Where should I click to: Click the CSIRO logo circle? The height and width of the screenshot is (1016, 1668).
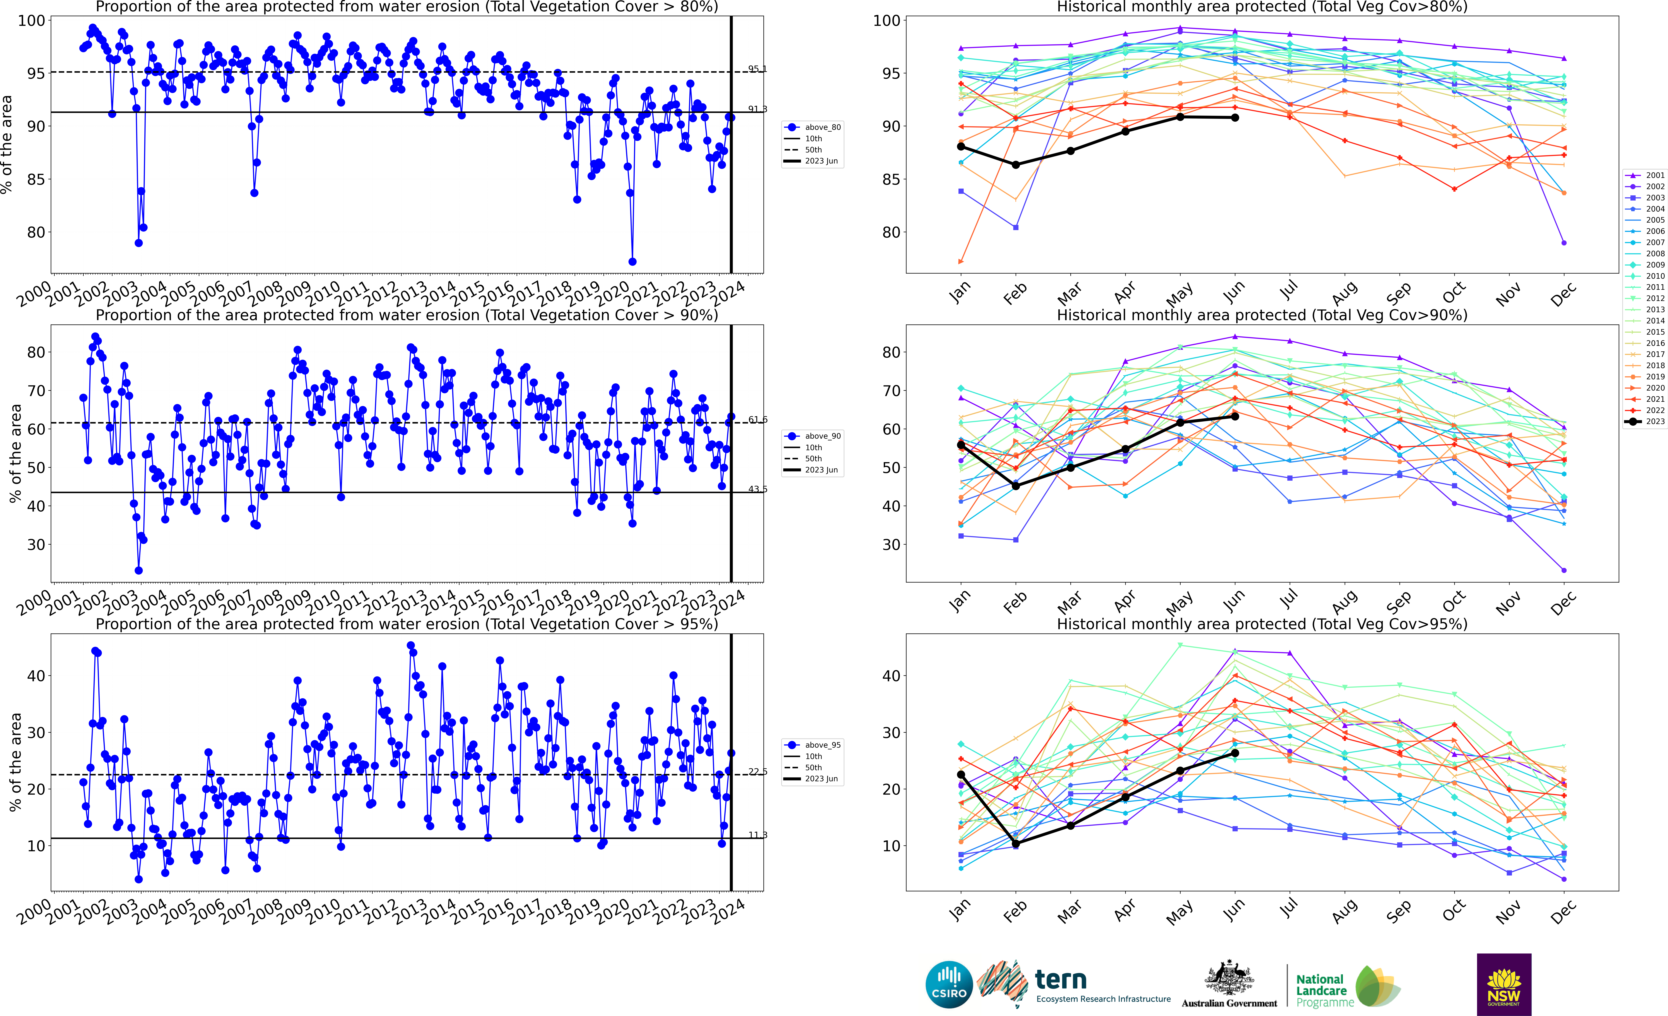coord(949,984)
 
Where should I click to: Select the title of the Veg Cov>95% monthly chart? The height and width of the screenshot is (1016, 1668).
coord(1262,624)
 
